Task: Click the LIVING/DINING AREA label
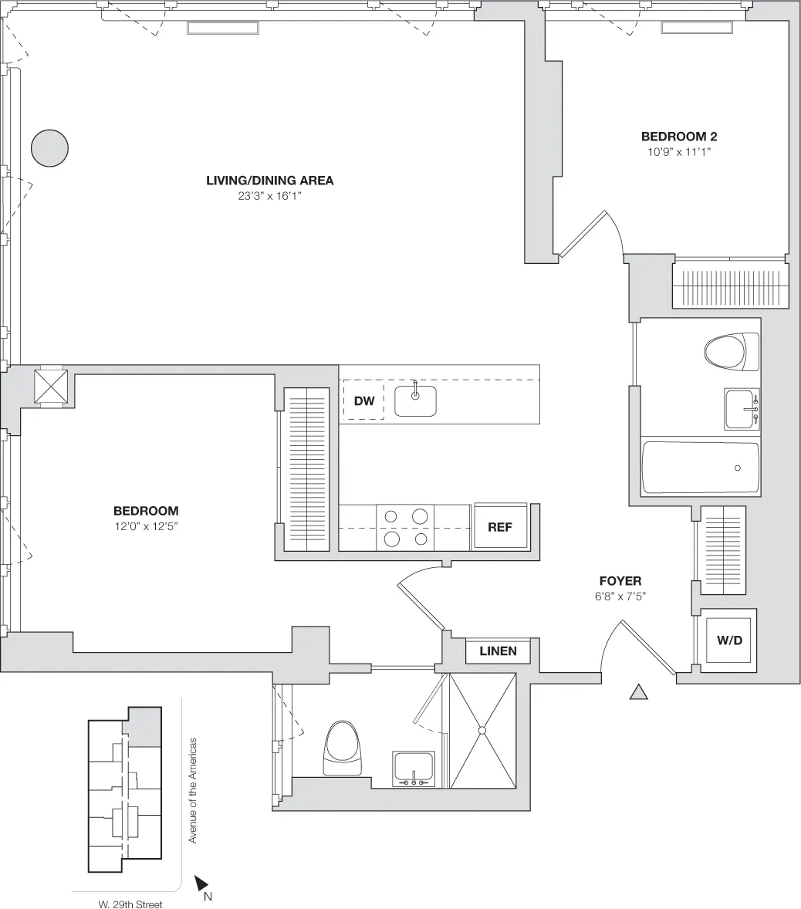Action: (269, 181)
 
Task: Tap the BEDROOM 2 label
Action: (679, 137)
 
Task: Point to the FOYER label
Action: (620, 581)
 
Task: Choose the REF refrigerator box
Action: (500, 527)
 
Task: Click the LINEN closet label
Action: (498, 651)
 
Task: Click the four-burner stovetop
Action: (405, 527)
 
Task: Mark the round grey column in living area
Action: (50, 147)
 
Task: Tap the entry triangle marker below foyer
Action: (638, 692)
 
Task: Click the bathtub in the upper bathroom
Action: (700, 468)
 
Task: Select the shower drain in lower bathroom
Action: (482, 730)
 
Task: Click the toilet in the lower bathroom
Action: (343, 748)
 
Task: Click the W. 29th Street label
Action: (130, 904)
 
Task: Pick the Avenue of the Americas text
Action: (194, 790)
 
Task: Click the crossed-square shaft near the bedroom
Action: (51, 385)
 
